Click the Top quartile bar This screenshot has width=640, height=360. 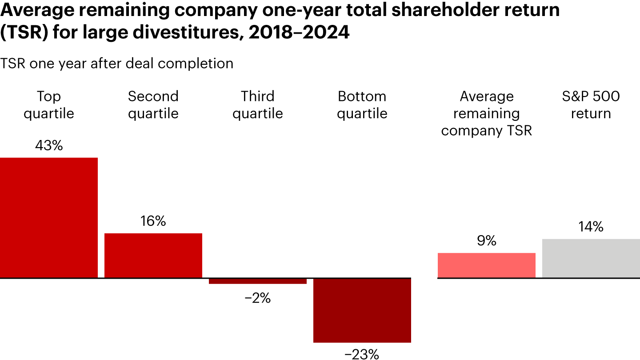(x=49, y=218)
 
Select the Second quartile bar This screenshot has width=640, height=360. (x=153, y=256)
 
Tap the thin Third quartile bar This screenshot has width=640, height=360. (x=258, y=281)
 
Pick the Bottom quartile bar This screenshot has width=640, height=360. (x=362, y=310)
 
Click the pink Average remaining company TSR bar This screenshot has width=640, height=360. (x=487, y=265)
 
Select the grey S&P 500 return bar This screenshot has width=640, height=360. (x=591, y=258)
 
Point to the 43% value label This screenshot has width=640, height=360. (x=49, y=145)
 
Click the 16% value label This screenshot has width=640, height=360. (x=153, y=221)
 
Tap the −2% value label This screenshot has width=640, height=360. (x=258, y=298)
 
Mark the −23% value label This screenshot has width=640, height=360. (x=362, y=354)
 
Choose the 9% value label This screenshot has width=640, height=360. (x=487, y=241)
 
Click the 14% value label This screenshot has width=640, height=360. (x=591, y=227)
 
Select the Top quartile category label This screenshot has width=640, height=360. (x=49, y=105)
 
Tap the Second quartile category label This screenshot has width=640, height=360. (x=153, y=105)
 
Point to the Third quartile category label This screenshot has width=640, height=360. (x=258, y=105)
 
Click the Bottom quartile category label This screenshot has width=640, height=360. (x=362, y=105)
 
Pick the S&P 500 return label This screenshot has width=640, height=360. (x=591, y=105)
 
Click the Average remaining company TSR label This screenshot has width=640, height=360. (x=487, y=113)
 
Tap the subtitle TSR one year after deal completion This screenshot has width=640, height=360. (x=117, y=64)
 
